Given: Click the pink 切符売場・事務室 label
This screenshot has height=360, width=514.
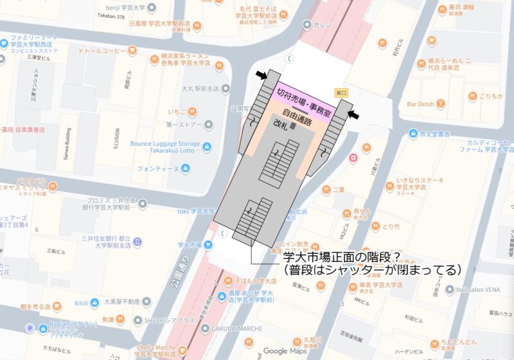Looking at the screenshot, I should pos(303,103).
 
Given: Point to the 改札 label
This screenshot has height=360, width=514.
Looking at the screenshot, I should pos(281,123).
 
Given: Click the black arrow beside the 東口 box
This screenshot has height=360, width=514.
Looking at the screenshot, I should pos(354,114).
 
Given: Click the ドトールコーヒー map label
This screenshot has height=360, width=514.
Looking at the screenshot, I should pos(103,50).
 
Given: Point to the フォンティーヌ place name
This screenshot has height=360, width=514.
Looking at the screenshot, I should pos(158,169).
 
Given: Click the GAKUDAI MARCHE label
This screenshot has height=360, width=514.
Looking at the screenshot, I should pos(234,328).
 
